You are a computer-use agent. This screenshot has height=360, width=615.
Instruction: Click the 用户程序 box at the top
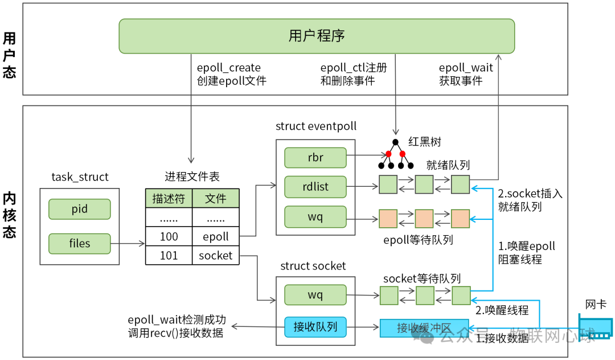(x=316, y=36)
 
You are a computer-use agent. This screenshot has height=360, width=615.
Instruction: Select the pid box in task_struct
(x=79, y=209)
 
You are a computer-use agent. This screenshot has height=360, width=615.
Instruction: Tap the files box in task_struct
(x=79, y=243)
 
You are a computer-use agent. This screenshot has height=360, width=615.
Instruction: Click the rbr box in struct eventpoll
(x=315, y=158)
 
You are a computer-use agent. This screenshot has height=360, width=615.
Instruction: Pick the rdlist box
(x=315, y=186)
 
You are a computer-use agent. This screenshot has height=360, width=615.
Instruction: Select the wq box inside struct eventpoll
(x=315, y=217)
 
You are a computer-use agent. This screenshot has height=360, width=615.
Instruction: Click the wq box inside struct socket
(x=315, y=295)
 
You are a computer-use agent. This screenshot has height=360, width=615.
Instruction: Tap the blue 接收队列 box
(x=315, y=327)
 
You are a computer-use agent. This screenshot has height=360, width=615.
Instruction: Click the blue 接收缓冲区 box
(x=424, y=328)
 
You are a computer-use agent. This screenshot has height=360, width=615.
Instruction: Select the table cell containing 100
(x=169, y=236)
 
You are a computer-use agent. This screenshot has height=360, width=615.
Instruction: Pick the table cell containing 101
(x=169, y=256)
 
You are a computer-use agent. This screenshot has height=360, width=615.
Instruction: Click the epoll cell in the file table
(x=215, y=236)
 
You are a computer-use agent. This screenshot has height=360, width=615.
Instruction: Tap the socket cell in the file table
(x=215, y=256)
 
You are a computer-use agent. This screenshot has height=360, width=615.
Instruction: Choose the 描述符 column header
(x=169, y=198)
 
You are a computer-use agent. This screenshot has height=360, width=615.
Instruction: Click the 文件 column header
(x=215, y=198)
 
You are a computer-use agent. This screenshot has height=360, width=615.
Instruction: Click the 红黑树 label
(x=425, y=142)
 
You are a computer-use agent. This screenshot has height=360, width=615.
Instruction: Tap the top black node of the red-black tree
(x=395, y=142)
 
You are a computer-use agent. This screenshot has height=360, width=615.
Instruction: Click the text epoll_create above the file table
(x=228, y=68)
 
